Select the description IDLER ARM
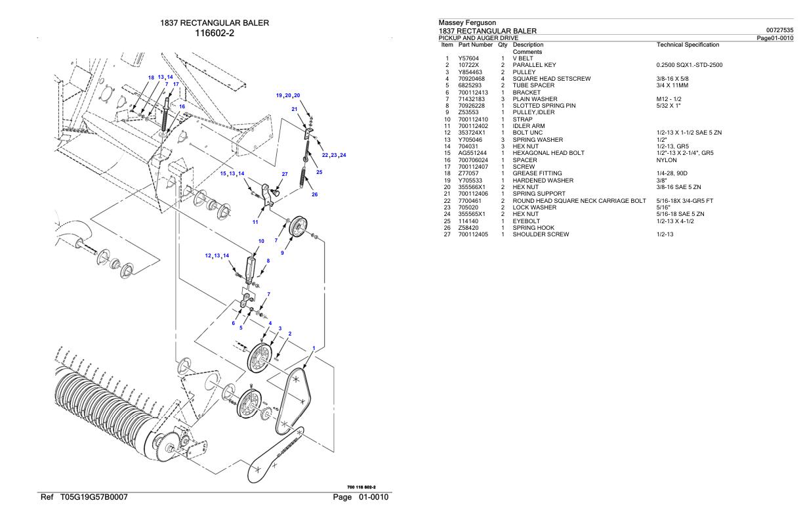coord(529,125)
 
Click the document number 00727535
coord(779,30)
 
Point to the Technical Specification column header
coord(688,45)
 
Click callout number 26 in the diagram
coord(315,194)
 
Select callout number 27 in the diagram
coord(284,174)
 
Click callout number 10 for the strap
coord(261,242)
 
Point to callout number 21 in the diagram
coord(295,109)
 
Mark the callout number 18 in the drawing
coord(151,77)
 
